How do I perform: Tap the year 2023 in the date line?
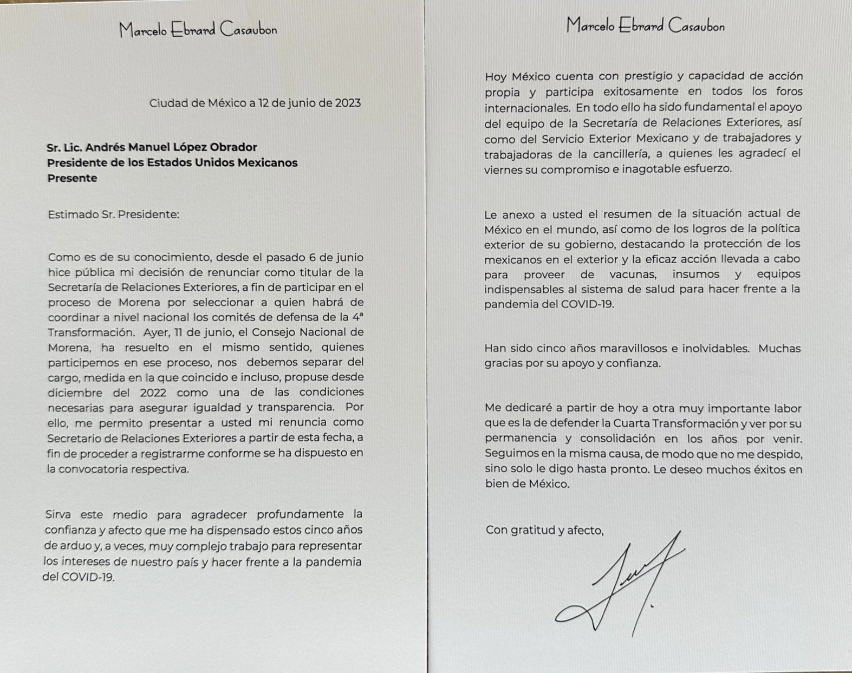coord(348,103)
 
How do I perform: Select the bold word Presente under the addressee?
coord(72,178)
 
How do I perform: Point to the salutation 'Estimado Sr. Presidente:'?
coord(113,214)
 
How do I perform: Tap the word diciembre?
coord(75,392)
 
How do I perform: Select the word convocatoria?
coord(98,469)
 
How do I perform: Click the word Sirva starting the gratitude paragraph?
coord(60,514)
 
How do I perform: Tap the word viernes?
coord(503,169)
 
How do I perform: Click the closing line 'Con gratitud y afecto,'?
coord(544,530)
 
